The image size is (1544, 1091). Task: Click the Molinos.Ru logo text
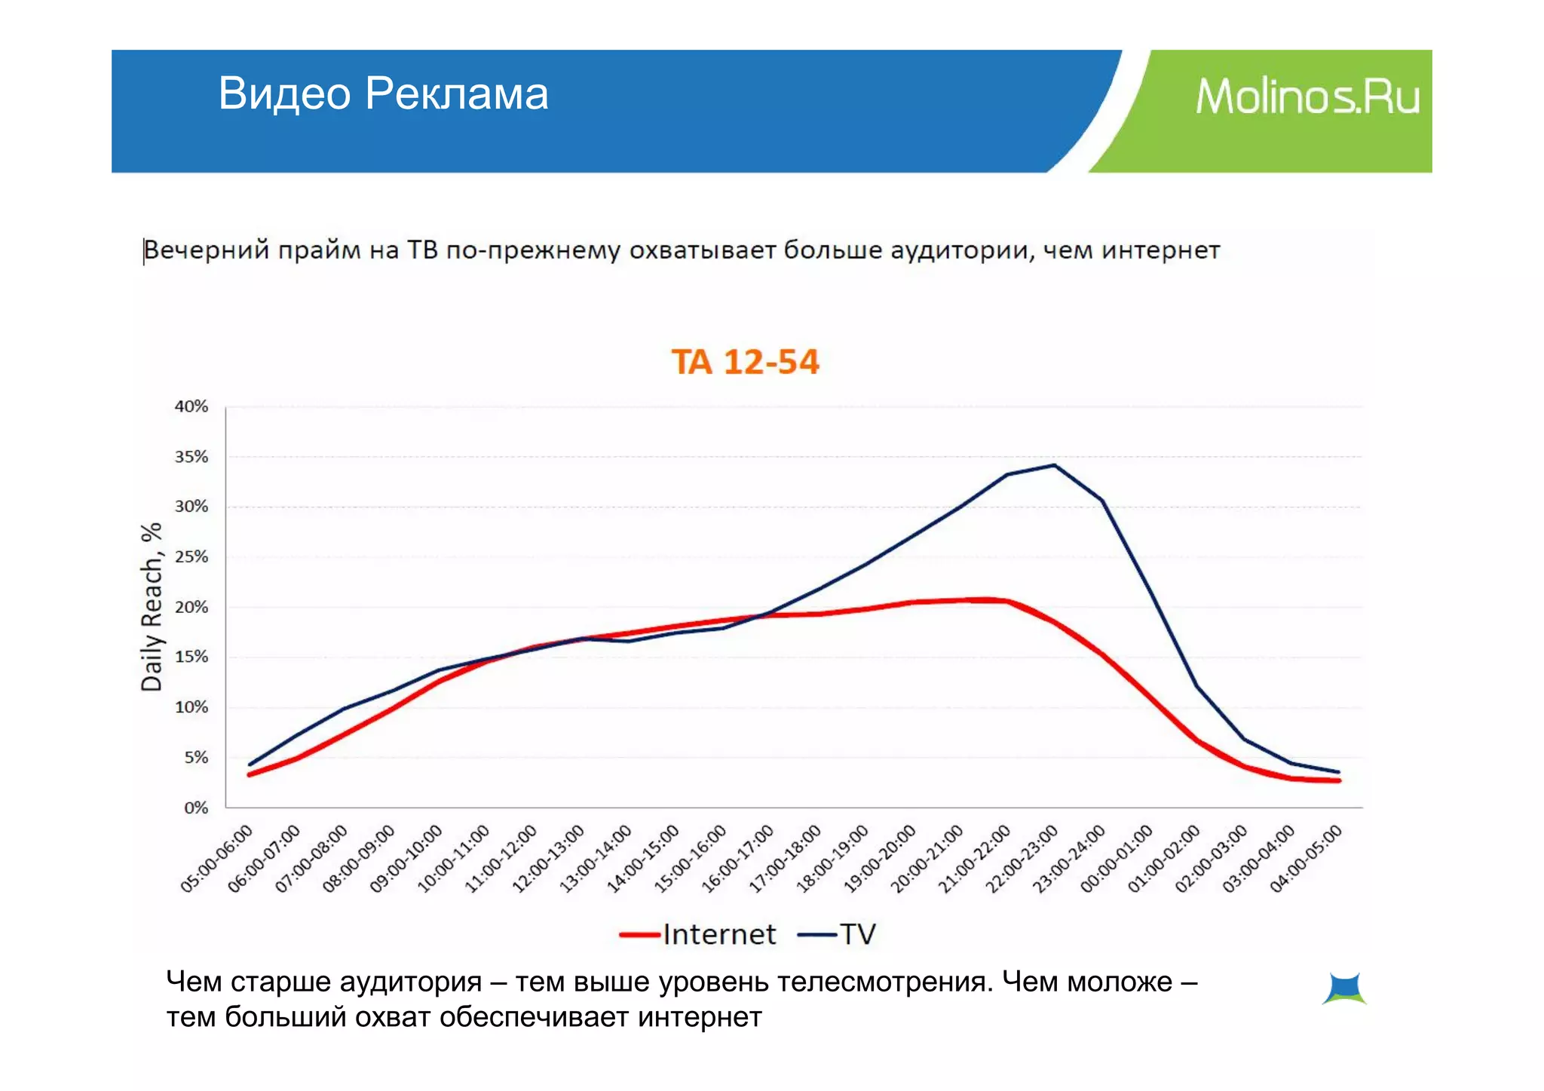click(x=1307, y=97)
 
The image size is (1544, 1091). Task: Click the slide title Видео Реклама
click(x=383, y=93)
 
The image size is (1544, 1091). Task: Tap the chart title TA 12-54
click(x=745, y=362)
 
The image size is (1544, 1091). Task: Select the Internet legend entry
click(x=699, y=935)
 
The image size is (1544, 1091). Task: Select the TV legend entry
click(x=838, y=935)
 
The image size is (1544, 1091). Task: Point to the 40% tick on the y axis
click(x=191, y=406)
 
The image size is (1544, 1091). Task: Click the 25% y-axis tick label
click(x=191, y=557)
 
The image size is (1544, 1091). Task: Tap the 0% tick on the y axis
click(x=196, y=808)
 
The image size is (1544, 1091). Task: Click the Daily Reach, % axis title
click(x=152, y=607)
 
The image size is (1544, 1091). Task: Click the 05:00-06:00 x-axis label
click(x=217, y=859)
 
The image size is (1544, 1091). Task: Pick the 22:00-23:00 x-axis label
click(x=1022, y=859)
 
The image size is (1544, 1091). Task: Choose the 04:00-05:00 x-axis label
click(x=1307, y=859)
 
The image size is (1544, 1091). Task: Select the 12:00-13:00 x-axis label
click(x=549, y=859)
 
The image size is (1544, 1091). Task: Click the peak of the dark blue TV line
click(x=1053, y=465)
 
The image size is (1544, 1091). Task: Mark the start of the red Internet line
click(x=250, y=774)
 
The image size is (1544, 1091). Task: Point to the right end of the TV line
click(x=1338, y=771)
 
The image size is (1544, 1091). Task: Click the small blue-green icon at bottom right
click(x=1344, y=988)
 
